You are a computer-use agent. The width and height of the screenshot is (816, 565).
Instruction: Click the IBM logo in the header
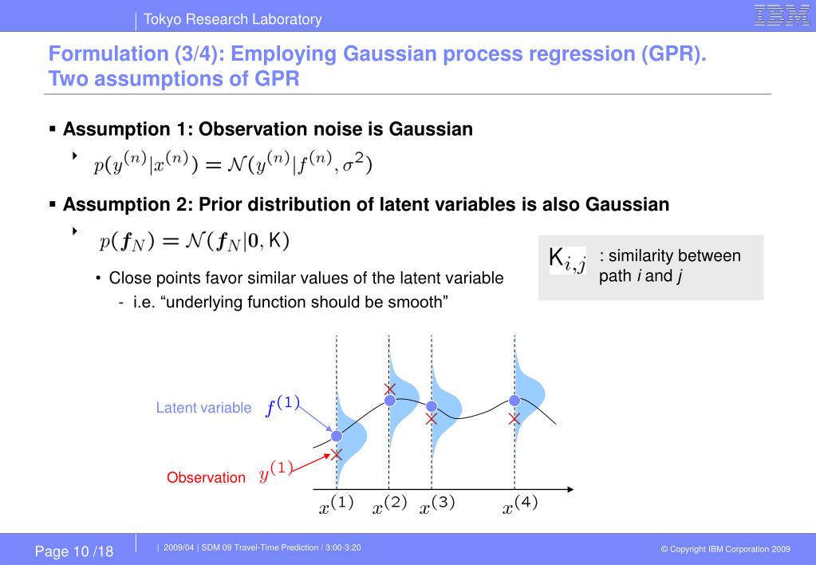(782, 15)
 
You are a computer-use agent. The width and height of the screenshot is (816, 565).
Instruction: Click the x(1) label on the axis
(336, 505)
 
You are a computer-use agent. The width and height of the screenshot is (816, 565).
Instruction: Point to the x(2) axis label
(389, 505)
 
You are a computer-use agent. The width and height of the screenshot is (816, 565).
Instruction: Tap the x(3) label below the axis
(437, 505)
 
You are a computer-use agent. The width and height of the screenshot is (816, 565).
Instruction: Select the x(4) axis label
(520, 505)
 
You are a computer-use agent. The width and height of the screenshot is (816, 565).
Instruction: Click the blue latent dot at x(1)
(337, 436)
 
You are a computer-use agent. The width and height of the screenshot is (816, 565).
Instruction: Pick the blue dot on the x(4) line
(514, 401)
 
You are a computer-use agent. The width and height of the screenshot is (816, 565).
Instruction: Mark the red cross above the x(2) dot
(390, 389)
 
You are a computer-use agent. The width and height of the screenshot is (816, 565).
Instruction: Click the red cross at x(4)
(514, 418)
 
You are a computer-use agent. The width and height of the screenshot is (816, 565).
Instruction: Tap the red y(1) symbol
(276, 472)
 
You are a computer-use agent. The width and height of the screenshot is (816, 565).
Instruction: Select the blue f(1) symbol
(282, 405)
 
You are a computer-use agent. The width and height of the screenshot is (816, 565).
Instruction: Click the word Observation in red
(206, 477)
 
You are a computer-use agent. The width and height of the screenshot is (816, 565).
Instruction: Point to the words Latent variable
(203, 408)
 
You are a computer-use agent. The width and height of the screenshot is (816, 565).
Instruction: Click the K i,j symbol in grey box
(567, 260)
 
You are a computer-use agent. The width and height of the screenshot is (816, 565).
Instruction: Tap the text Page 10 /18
(74, 551)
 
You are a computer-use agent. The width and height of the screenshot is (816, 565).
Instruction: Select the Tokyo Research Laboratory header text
(233, 19)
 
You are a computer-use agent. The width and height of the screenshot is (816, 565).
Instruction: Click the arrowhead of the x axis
(570, 489)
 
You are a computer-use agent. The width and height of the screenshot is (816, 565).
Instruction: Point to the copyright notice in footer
(725, 549)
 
